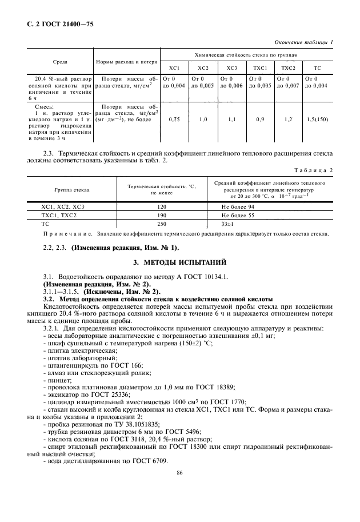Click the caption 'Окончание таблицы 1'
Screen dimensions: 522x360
[304, 42]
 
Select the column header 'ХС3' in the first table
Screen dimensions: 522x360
[231, 68]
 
